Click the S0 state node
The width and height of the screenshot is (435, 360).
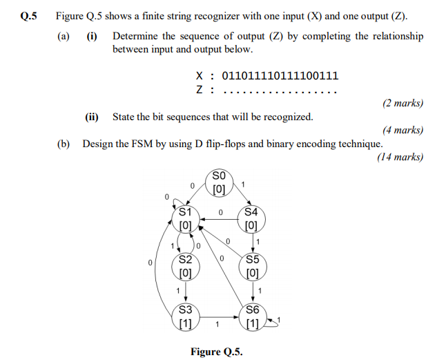[x=219, y=182]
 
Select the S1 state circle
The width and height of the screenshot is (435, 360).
[x=185, y=218]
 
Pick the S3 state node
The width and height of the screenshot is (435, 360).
[x=185, y=316]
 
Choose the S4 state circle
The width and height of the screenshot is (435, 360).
[x=251, y=218]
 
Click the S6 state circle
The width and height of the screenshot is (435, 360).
[x=251, y=316]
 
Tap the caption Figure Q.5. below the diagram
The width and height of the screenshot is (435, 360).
[x=217, y=352]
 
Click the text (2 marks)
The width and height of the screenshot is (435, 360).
[x=402, y=103]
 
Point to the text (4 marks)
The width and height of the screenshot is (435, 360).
[x=402, y=130]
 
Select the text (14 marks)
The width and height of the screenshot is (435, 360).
[x=400, y=157]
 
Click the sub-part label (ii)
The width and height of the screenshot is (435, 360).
[x=92, y=117]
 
